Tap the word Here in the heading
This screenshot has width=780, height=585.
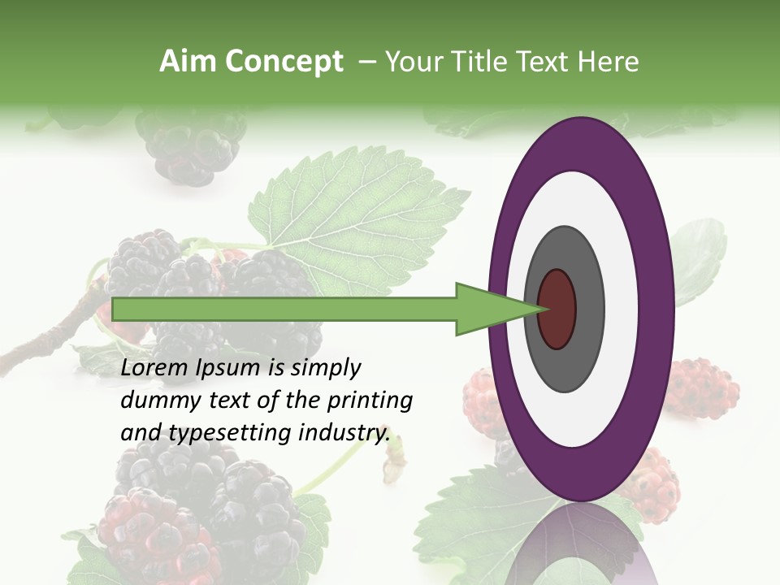[x=610, y=62]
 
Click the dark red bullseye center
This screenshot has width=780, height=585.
[x=557, y=310]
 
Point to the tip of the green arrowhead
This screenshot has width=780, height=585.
[x=543, y=309]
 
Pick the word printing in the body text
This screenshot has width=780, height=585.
[x=370, y=401]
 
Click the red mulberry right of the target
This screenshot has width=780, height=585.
[x=700, y=387]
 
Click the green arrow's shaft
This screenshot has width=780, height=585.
[x=284, y=309]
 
